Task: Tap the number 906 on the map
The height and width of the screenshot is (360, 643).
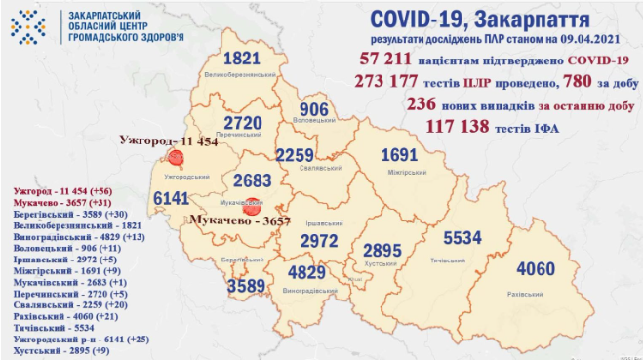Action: coord(317,109)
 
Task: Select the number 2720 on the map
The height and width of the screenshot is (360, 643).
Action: coord(241,123)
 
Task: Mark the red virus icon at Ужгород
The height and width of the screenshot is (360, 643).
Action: coord(176,158)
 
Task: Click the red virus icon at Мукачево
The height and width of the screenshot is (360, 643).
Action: coord(252,206)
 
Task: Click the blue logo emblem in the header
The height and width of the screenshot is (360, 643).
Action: coord(24,27)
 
